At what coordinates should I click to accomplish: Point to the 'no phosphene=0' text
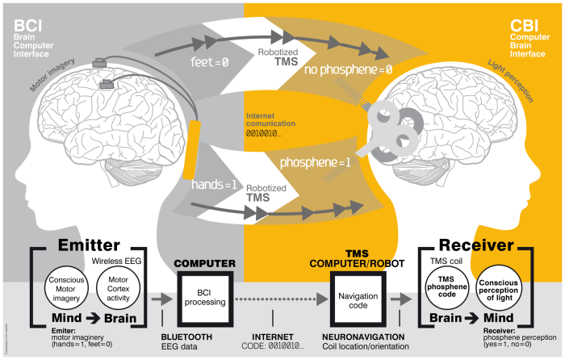click(349, 69)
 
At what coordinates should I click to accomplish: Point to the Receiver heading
click(477, 245)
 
